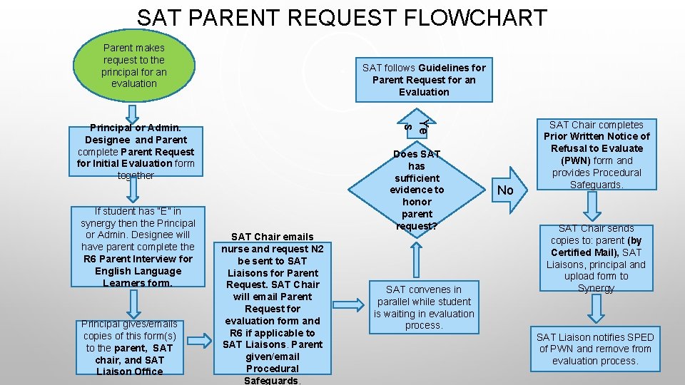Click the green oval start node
pyautogui.click(x=134, y=66)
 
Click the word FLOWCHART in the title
pyautogui.click(x=475, y=18)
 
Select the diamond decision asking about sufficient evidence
pyautogui.click(x=417, y=190)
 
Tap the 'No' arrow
pyautogui.click(x=509, y=190)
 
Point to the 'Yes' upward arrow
pyautogui.click(x=416, y=124)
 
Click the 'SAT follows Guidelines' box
pyautogui.click(x=424, y=80)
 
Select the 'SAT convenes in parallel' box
pyautogui.click(x=424, y=307)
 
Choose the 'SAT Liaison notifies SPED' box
pyautogui.click(x=595, y=349)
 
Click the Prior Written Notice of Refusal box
pyautogui.click(x=597, y=155)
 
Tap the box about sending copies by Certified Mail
pyautogui.click(x=597, y=258)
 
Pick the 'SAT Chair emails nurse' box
pyautogui.click(x=272, y=308)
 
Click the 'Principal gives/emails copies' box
pyautogui.click(x=130, y=347)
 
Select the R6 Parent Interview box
pyautogui.click(x=138, y=247)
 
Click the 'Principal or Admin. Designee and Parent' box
pyautogui.click(x=136, y=151)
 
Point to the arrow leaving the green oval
pyautogui.click(x=132, y=114)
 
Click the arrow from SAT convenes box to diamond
pyautogui.click(x=416, y=260)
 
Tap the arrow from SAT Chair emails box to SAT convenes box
pyautogui.click(x=348, y=304)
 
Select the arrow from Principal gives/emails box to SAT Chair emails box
pyautogui.click(x=199, y=341)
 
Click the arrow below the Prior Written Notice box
pyautogui.click(x=592, y=206)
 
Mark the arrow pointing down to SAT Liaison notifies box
pyautogui.click(x=596, y=308)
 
